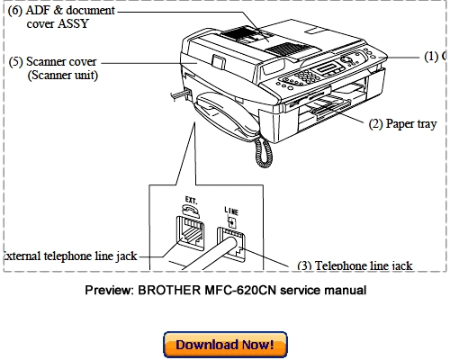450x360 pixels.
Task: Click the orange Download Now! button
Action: coord(225,344)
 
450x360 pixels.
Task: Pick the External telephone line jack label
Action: coord(68,256)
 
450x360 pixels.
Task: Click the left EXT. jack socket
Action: coord(191,233)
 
